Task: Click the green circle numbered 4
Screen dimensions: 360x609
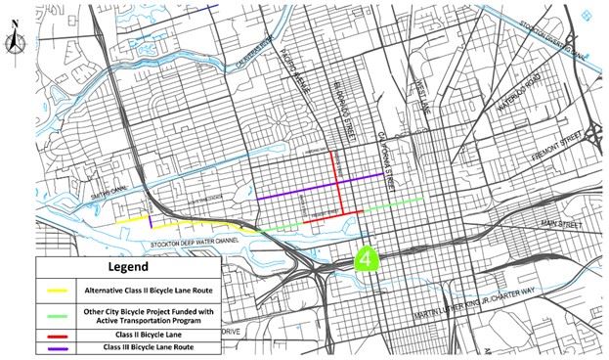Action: pos(366,259)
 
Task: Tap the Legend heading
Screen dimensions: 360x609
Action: pos(129,266)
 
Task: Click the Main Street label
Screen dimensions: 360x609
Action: pos(560,224)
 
